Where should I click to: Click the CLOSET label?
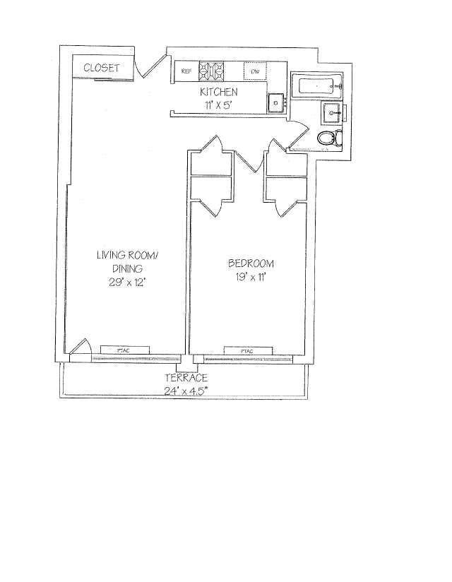pyautogui.click(x=102, y=68)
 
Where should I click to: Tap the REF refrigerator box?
pyautogui.click(x=186, y=71)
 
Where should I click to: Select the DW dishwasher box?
pyautogui.click(x=255, y=71)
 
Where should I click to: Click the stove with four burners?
pyautogui.click(x=212, y=70)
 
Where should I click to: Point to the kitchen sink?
pyautogui.click(x=275, y=103)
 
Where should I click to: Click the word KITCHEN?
pyautogui.click(x=218, y=93)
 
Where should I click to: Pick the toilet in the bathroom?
pyautogui.click(x=329, y=138)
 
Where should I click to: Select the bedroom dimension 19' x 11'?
pyautogui.click(x=251, y=277)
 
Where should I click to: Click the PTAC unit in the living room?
pyautogui.click(x=124, y=350)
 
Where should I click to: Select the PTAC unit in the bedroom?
pyautogui.click(x=247, y=350)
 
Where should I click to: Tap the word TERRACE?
pyautogui.click(x=186, y=378)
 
